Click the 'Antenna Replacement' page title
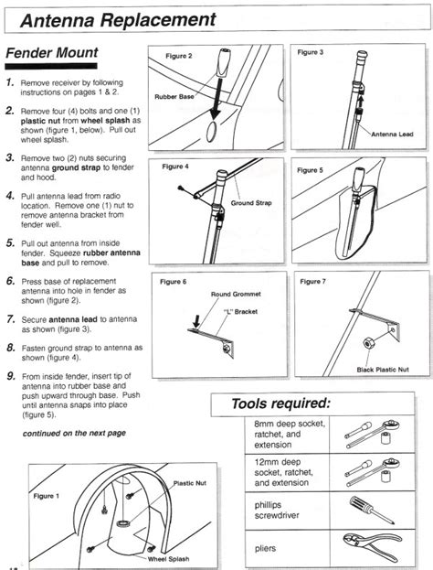point(119,19)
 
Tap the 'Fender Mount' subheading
point(52,53)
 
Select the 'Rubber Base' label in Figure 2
point(174,97)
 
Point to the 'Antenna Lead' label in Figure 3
point(392,134)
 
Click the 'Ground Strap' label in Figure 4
point(251,203)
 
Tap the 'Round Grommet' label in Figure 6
point(236,294)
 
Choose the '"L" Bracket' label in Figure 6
point(240,312)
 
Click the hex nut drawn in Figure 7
point(368,343)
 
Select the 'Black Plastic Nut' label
point(383,370)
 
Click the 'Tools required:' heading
point(281,403)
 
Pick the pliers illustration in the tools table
point(373,546)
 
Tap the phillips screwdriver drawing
point(372,511)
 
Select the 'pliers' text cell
point(265,548)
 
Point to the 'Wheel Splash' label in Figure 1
point(168,559)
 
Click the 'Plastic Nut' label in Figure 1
point(189,483)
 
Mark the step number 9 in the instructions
point(11,376)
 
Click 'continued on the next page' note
point(74,434)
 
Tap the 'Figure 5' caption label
point(310,170)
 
